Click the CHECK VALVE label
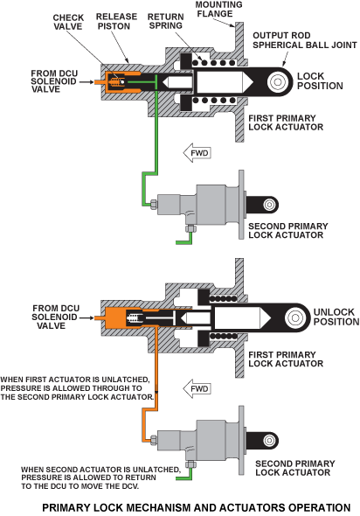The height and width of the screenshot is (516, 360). click(x=68, y=22)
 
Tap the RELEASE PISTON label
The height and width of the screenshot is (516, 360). click(x=116, y=21)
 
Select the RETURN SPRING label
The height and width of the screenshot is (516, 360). click(x=165, y=21)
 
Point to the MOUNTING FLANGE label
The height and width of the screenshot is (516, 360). click(x=219, y=10)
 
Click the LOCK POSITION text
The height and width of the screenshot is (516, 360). click(x=320, y=81)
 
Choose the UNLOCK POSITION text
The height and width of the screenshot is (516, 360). click(x=336, y=317)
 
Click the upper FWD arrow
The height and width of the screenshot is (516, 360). click(x=197, y=153)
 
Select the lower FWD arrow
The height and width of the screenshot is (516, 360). click(x=197, y=388)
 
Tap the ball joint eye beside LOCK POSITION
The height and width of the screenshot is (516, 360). click(x=278, y=81)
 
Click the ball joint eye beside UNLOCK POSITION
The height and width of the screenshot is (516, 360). click(x=295, y=317)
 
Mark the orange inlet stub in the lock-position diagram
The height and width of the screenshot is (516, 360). click(x=99, y=81)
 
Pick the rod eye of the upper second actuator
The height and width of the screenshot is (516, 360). click(x=269, y=205)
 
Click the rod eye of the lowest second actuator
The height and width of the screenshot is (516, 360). click(x=269, y=440)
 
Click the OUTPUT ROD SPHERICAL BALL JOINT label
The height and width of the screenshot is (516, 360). click(x=304, y=40)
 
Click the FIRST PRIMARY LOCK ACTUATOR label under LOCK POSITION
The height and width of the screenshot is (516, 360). click(x=286, y=122)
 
